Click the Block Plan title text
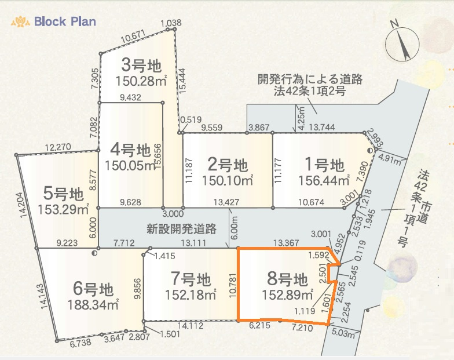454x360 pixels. tap(65, 22)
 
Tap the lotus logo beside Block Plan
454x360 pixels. tap(20, 22)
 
